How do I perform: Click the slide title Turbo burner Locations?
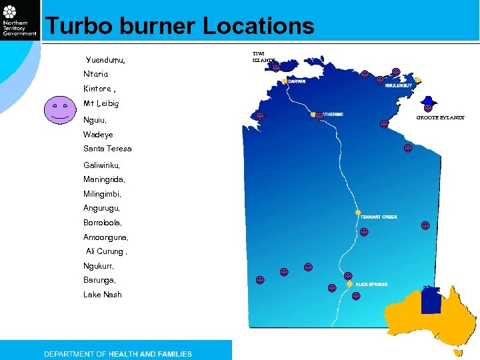[179, 27]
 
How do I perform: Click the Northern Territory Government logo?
[20, 20]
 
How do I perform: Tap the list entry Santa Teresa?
[107, 149]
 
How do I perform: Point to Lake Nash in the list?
[103, 295]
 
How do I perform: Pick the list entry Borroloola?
[103, 222]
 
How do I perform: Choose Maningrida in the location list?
[103, 179]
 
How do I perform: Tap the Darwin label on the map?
[297, 81]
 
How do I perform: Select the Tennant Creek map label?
[379, 217]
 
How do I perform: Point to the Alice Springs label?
[371, 284]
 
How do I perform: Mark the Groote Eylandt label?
[441, 117]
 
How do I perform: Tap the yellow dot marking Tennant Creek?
[358, 213]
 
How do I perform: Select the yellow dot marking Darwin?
[285, 81]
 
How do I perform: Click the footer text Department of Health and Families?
[118, 354]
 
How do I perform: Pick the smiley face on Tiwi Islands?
[276, 67]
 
